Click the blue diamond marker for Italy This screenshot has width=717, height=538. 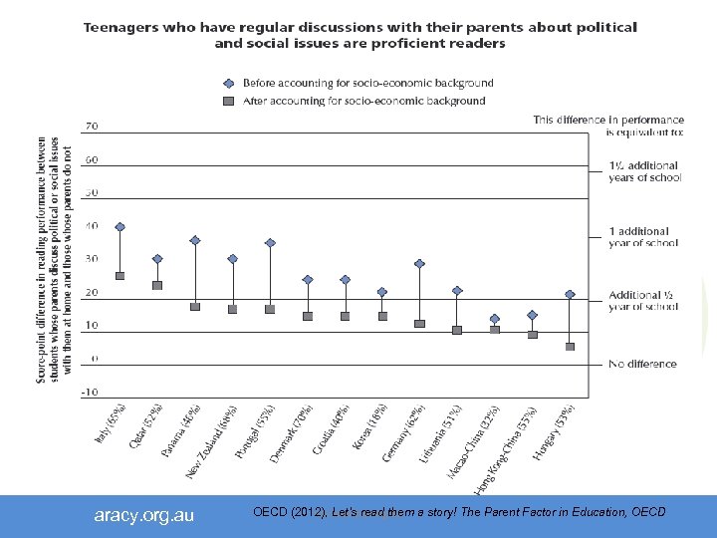[x=120, y=227]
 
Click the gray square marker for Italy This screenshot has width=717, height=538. [x=120, y=275]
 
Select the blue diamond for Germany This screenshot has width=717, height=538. [x=420, y=264]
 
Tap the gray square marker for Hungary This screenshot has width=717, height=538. [x=571, y=347]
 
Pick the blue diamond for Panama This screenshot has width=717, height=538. [x=195, y=240]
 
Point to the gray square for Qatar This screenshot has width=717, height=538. [x=157, y=285]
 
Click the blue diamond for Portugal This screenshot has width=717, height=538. [x=270, y=243]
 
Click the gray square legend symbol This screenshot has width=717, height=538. [x=228, y=101]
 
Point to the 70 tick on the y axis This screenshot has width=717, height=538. [x=92, y=127]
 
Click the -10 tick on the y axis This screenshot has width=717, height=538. [x=90, y=392]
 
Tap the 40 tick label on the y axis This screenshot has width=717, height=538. [x=92, y=226]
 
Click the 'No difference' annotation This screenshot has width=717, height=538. [x=642, y=364]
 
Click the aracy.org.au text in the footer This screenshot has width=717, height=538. [x=144, y=515]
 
